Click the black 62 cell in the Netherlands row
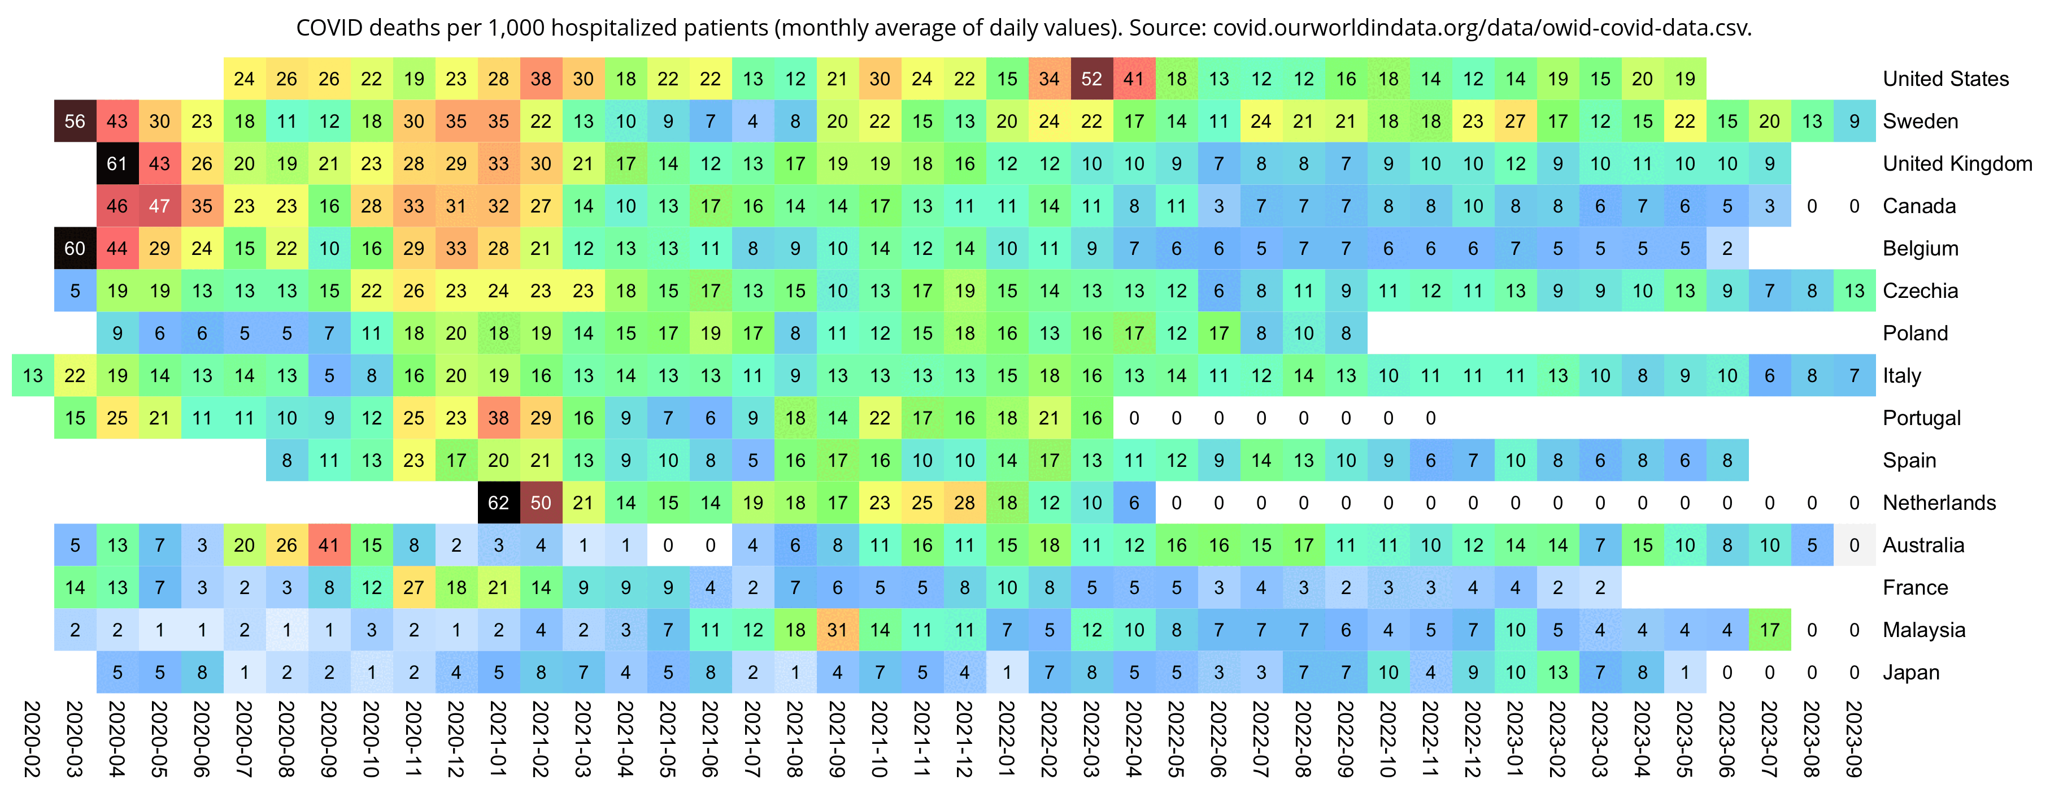[498, 503]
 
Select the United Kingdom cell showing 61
[117, 163]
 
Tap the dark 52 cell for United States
[1091, 79]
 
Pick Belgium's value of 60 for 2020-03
[75, 248]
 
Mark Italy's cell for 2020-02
[33, 375]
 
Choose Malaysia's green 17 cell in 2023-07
[1769, 630]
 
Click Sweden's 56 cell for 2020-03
[75, 121]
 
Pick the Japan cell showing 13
[1557, 672]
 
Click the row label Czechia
[1920, 291]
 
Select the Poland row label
[1915, 333]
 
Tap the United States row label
[1945, 79]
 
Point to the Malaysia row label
[1923, 630]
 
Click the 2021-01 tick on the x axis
[498, 738]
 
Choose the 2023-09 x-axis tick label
[1853, 738]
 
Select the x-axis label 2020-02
[33, 738]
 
